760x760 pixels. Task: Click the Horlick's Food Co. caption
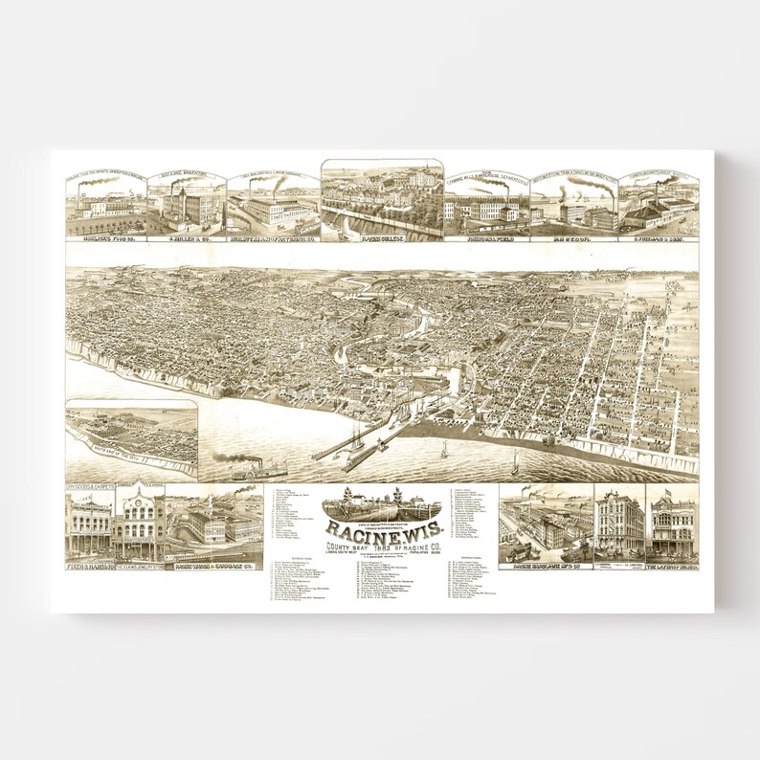(105, 234)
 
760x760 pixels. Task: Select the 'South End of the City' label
(117, 448)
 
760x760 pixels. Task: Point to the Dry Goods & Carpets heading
(89, 487)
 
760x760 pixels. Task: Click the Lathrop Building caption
(672, 564)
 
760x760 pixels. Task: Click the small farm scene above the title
(382, 504)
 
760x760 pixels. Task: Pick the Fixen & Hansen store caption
(88, 564)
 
